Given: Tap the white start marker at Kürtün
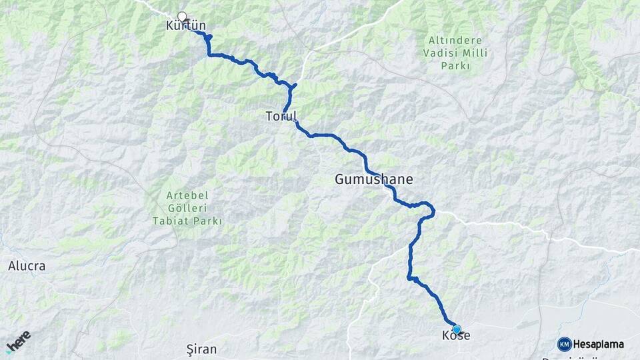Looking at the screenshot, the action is [x=182, y=17].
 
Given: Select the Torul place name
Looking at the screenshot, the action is [x=281, y=117].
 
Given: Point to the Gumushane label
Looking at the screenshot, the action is [x=373, y=180].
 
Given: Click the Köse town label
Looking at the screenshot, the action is [x=456, y=336].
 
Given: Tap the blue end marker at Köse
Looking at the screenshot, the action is [x=457, y=329].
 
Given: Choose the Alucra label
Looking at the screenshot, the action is [x=27, y=266].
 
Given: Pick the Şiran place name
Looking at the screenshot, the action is [x=201, y=349].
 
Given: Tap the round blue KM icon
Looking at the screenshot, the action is [x=564, y=344].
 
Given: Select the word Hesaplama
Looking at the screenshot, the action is [x=599, y=344].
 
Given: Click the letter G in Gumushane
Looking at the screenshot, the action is [x=340, y=180].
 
